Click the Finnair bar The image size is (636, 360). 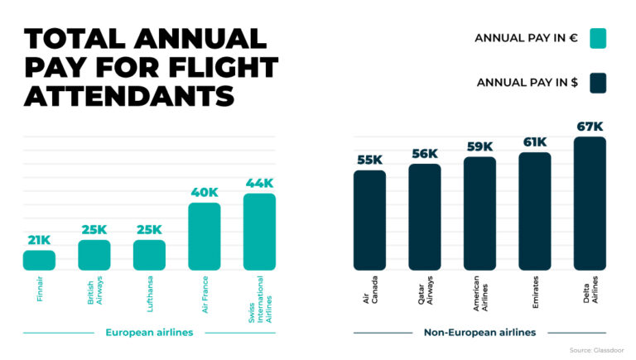pyautogui.click(x=39, y=260)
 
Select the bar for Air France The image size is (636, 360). pyautogui.click(x=205, y=236)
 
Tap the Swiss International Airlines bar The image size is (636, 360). pyautogui.click(x=259, y=232)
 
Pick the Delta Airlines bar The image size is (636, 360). pyautogui.click(x=590, y=204)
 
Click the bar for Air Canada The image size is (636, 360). pyautogui.click(x=369, y=220)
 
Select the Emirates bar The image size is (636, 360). pyautogui.click(x=535, y=211)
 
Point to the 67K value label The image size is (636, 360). pyautogui.click(x=590, y=127)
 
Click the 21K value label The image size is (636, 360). pyautogui.click(x=39, y=240)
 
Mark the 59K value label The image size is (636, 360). pyautogui.click(x=479, y=146)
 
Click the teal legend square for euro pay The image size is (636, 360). pyautogui.click(x=598, y=38)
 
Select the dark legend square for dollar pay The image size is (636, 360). pyautogui.click(x=598, y=83)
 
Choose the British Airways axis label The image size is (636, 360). pyautogui.click(x=94, y=290)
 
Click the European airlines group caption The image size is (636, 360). pyautogui.click(x=149, y=333)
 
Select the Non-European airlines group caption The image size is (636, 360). pyautogui.click(x=479, y=333)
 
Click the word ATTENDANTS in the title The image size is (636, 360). pyautogui.click(x=129, y=95)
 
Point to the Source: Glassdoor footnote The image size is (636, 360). pyautogui.click(x=597, y=351)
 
